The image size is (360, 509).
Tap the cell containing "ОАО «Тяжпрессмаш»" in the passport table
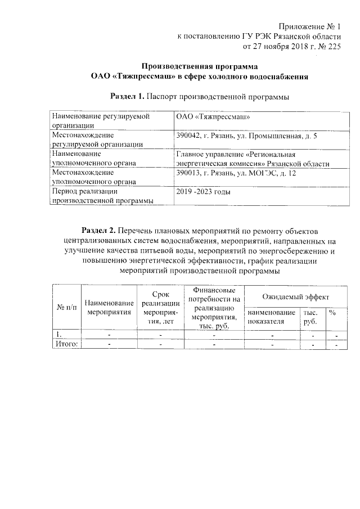[213, 117]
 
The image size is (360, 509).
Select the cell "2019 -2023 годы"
[203, 192]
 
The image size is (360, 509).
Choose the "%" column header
[332, 312]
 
